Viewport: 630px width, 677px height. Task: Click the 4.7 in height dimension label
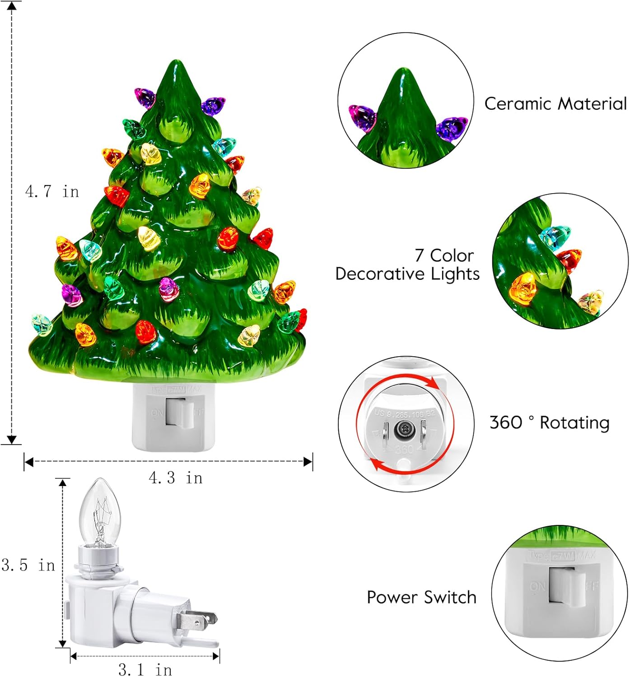click(x=52, y=191)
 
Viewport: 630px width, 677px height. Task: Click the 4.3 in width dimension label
click(x=176, y=478)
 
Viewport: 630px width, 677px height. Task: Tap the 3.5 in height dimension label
click(x=28, y=565)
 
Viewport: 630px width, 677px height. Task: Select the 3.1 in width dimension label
click(x=145, y=669)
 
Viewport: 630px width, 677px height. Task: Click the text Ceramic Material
click(x=555, y=104)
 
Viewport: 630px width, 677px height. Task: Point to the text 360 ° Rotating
click(x=549, y=422)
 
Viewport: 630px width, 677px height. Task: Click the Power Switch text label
click(x=421, y=597)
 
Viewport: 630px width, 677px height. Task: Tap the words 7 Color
click(x=444, y=255)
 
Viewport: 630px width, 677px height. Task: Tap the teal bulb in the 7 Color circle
click(x=555, y=236)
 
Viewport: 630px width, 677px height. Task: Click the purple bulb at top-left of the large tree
click(x=145, y=97)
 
